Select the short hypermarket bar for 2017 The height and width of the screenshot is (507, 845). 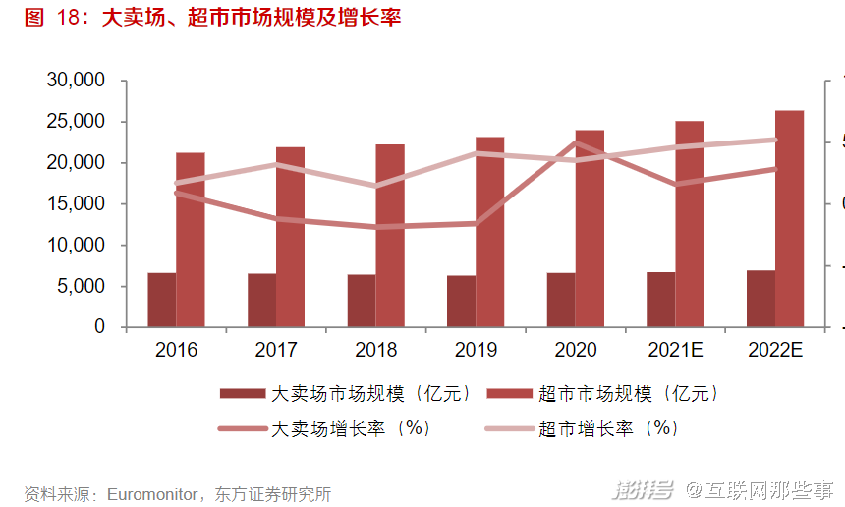pos(261,300)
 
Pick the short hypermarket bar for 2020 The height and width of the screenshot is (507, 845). pos(561,300)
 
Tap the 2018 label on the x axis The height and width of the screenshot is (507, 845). pos(376,350)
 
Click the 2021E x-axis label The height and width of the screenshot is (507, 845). pos(676,350)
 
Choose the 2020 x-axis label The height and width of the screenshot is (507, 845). pos(576,350)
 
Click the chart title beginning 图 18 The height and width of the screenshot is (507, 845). pos(212,18)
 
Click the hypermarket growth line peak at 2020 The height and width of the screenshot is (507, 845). pos(576,143)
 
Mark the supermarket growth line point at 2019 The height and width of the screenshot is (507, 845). pos(476,153)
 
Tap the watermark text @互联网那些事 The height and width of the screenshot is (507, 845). pos(759,489)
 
